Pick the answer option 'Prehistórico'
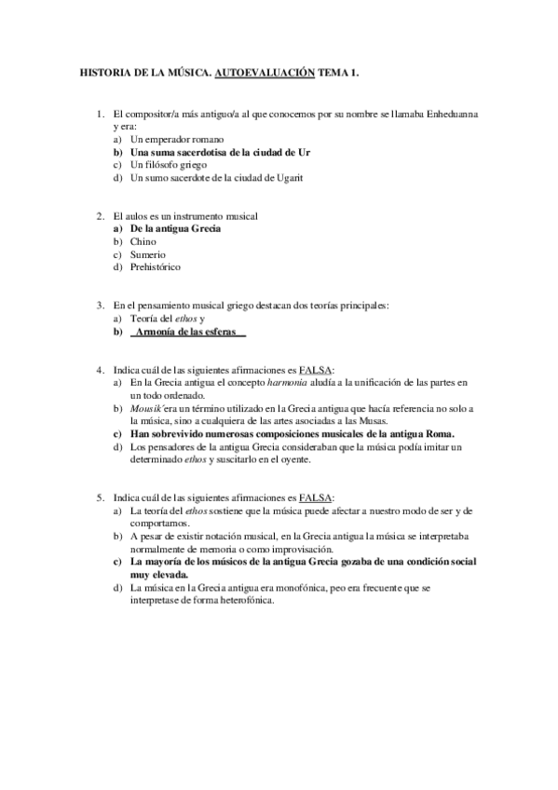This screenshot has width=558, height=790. tap(156, 267)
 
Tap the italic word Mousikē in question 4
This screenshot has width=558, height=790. tap(147, 409)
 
